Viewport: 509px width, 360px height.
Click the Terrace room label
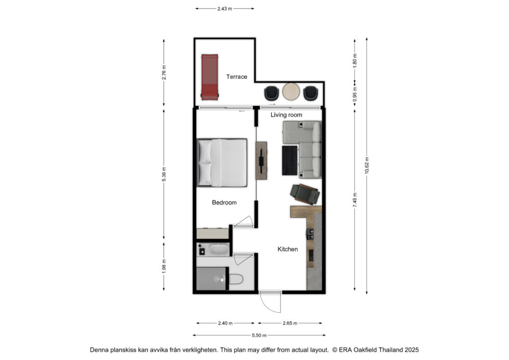click(x=237, y=77)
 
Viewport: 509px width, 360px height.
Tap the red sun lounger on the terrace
click(x=209, y=77)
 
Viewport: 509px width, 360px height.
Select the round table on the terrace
click(x=291, y=91)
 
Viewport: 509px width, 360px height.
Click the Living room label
click(x=286, y=115)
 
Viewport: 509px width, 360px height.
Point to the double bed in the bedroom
click(x=222, y=163)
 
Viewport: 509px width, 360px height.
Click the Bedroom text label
click(x=224, y=202)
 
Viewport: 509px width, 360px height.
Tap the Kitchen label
click(x=288, y=249)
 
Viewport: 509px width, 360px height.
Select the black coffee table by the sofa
click(x=290, y=161)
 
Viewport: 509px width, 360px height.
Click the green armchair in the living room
click(x=305, y=194)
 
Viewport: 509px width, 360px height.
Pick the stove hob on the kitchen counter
click(x=310, y=234)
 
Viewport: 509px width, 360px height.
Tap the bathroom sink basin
click(x=219, y=250)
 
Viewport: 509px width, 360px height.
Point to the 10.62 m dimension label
click(x=367, y=166)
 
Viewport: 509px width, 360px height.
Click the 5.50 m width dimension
click(x=259, y=335)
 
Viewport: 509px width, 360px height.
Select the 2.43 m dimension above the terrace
click(x=225, y=9)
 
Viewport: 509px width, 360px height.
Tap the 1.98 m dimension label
click(x=164, y=266)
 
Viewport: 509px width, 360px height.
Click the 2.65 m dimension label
click(x=290, y=323)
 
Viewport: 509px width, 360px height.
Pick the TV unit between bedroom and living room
click(x=261, y=161)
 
